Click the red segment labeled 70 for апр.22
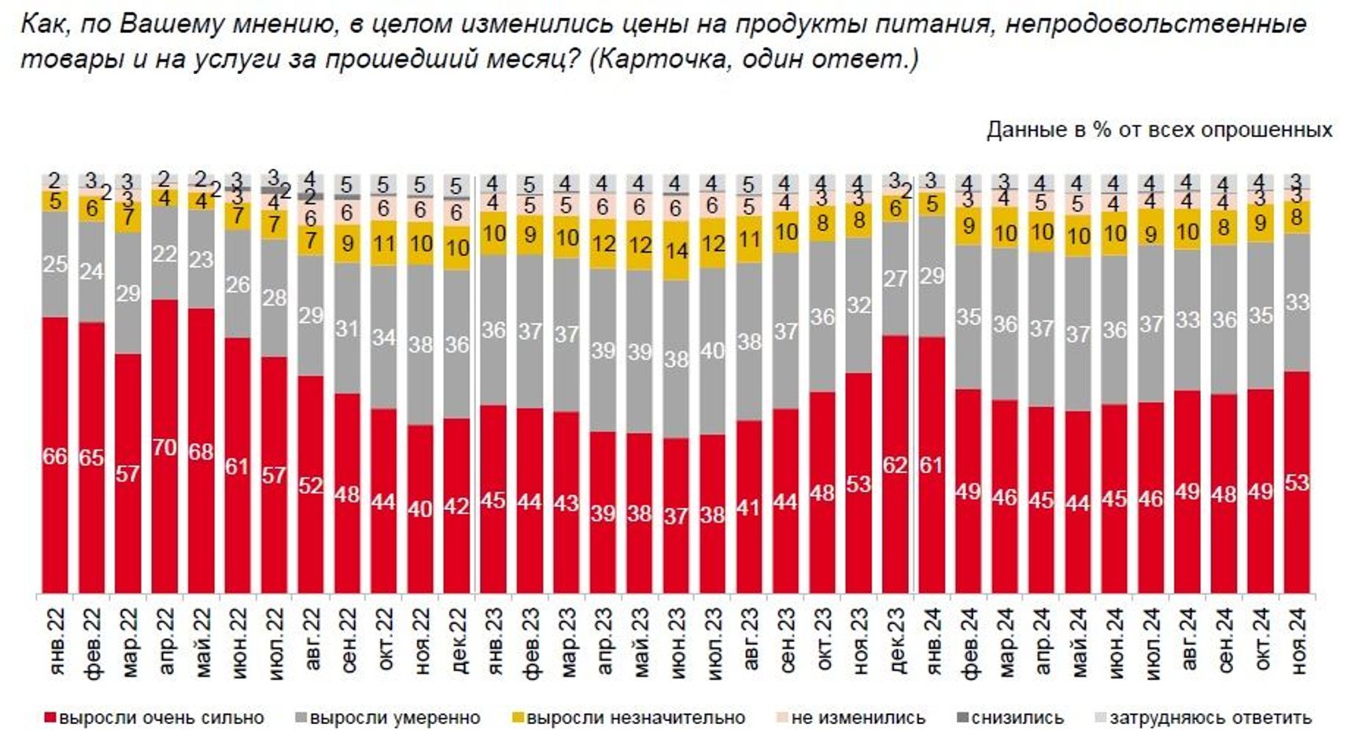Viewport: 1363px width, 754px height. coord(164,446)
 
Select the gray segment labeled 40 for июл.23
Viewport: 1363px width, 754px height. coord(712,351)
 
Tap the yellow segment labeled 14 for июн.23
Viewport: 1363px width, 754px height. coord(676,251)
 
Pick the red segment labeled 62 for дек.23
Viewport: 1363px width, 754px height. coord(895,464)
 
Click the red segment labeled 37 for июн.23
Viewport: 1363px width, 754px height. coord(676,516)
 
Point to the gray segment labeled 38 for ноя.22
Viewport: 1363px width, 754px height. coord(420,345)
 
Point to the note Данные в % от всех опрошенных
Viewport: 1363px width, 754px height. coord(1159,129)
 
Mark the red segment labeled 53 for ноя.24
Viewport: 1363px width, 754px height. coord(1297,482)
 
